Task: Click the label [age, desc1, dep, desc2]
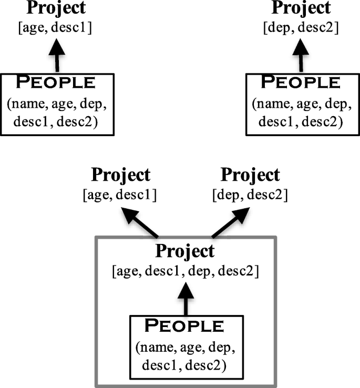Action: pos(184,272)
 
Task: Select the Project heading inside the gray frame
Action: pos(184,251)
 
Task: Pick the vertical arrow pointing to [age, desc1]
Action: pos(58,58)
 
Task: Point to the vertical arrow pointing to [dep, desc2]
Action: pos(301,58)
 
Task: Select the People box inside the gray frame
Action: pos(184,344)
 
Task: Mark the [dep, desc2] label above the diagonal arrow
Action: pos(250,195)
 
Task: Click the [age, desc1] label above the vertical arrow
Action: pos(57,28)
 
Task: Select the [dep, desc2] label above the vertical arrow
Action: pos(301,28)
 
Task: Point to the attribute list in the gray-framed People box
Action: pos(184,355)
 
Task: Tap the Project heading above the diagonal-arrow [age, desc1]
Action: pos(120,175)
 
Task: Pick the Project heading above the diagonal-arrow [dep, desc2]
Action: pos(250,175)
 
